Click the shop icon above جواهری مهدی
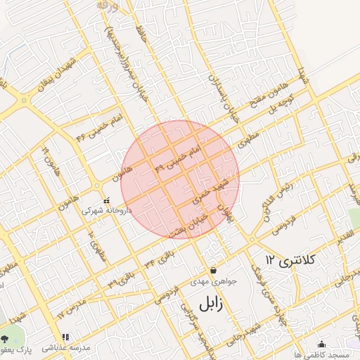[x=213, y=270]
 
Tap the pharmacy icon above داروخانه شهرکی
[x=107, y=199]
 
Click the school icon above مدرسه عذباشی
[x=66, y=337]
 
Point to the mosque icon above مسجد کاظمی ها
[x=322, y=344]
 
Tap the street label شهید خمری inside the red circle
[x=210, y=186]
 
